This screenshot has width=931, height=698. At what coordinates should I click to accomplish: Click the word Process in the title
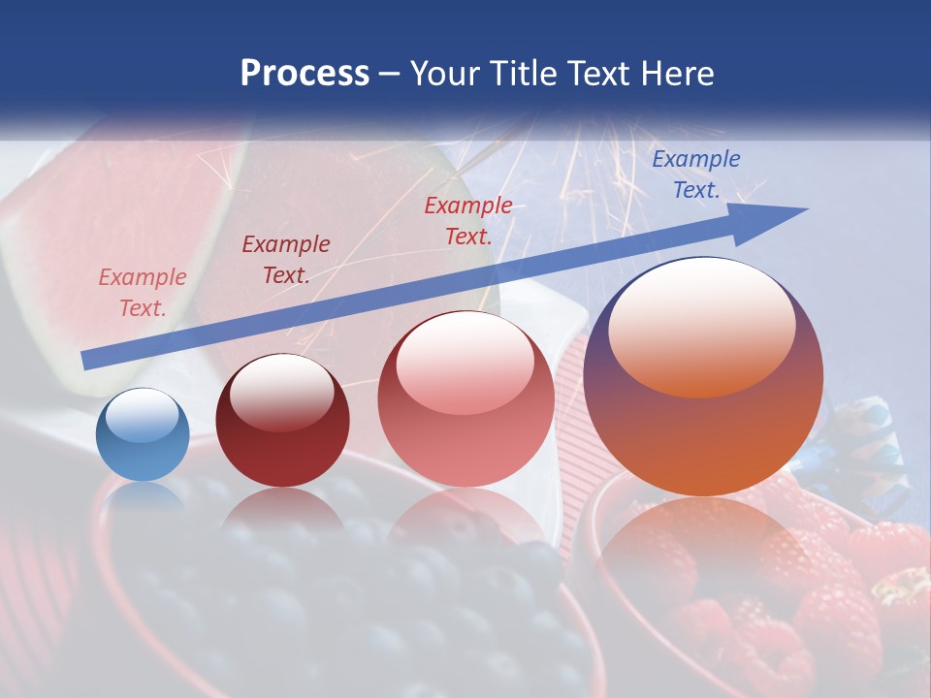(305, 74)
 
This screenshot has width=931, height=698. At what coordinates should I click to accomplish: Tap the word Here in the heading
(679, 74)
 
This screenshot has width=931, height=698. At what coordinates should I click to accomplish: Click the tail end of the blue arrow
(85, 361)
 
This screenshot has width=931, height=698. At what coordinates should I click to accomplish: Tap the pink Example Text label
(143, 293)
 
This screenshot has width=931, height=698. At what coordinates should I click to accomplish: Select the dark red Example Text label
(286, 260)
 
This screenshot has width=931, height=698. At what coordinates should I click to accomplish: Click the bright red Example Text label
(468, 220)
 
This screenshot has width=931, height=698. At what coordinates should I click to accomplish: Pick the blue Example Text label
(696, 174)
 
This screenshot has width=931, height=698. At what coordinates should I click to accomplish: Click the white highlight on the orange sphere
(701, 328)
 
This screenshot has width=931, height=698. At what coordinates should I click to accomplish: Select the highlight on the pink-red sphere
(465, 364)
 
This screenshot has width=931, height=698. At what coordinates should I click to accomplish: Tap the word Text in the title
(603, 74)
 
